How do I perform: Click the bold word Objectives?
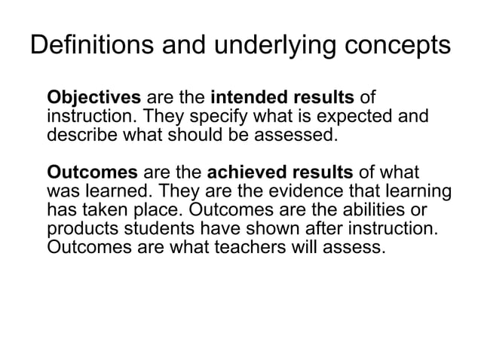tap(94, 98)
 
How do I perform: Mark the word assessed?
tap(288, 136)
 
